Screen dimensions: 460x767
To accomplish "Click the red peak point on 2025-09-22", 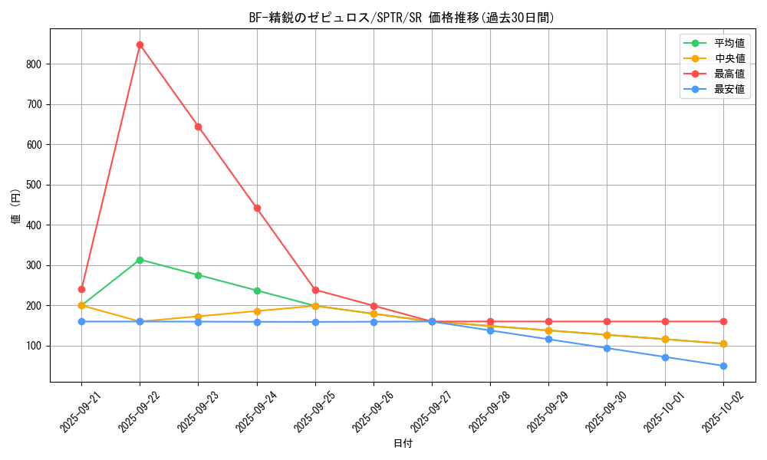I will point(140,44).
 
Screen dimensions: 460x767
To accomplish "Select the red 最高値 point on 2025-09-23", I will point(198,127).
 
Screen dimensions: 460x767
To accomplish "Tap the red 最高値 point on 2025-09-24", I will point(257,208).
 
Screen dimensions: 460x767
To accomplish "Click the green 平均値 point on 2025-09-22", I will point(140,260).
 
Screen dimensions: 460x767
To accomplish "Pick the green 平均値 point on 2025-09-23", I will point(198,275).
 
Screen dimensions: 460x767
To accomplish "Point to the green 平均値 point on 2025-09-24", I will point(257,291).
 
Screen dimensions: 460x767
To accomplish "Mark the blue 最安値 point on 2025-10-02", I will point(723,366).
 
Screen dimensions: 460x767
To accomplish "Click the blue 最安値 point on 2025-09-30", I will point(607,348).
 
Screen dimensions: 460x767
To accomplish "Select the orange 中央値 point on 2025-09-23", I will point(198,317).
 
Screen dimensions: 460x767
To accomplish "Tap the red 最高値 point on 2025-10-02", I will point(723,321).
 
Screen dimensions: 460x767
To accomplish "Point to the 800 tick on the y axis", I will point(33,64).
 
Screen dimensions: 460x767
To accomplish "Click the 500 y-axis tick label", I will point(33,185).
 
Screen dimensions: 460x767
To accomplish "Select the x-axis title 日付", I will point(403,444).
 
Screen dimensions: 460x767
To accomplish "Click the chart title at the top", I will point(403,18).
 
